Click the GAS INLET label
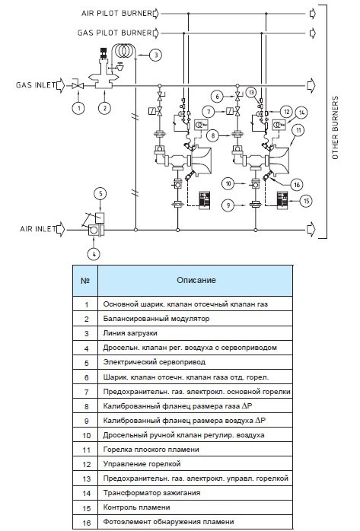pyautogui.click(x=35, y=85)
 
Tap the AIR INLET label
pyautogui.click(x=37, y=229)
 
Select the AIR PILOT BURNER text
pyautogui.click(x=116, y=13)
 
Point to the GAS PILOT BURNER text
pyautogui.click(x=114, y=33)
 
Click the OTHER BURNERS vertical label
pyautogui.click(x=335, y=128)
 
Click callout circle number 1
pyautogui.click(x=78, y=108)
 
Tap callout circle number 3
pyautogui.click(x=156, y=55)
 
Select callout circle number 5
pyautogui.click(x=100, y=194)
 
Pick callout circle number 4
pyautogui.click(x=94, y=253)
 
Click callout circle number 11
pyautogui.click(x=298, y=130)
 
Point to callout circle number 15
pyautogui.click(x=306, y=201)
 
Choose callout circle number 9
pyautogui.click(x=228, y=205)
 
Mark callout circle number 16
pyautogui.click(x=297, y=185)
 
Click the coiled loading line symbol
pyautogui.click(x=123, y=50)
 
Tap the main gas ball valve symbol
pyautogui.click(x=78, y=85)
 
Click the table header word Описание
pyautogui.click(x=196, y=281)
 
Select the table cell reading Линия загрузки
pyautogui.click(x=130, y=333)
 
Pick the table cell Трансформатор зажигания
pyautogui.click(x=151, y=493)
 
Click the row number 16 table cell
pyautogui.click(x=86, y=523)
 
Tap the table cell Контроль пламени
pyautogui.click(x=136, y=507)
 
